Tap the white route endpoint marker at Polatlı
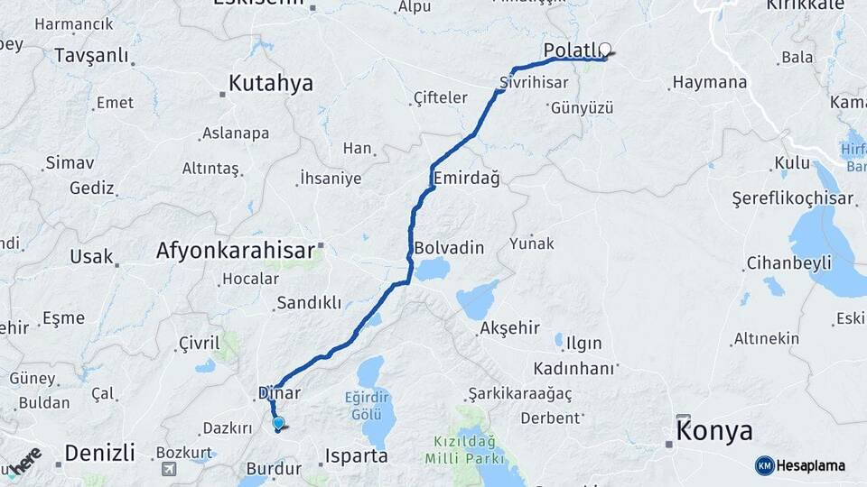(x=605, y=51)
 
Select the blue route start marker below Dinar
(x=278, y=422)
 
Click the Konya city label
(x=713, y=432)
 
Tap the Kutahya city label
(x=270, y=83)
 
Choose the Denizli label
(x=99, y=452)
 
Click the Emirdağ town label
(x=466, y=178)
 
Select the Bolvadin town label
(x=449, y=247)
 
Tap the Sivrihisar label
(x=534, y=82)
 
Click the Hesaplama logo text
(x=811, y=465)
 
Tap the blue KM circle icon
(x=764, y=465)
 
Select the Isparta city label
(x=356, y=455)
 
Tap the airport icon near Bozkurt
(x=169, y=469)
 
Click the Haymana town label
(x=710, y=83)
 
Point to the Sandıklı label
(x=309, y=303)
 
